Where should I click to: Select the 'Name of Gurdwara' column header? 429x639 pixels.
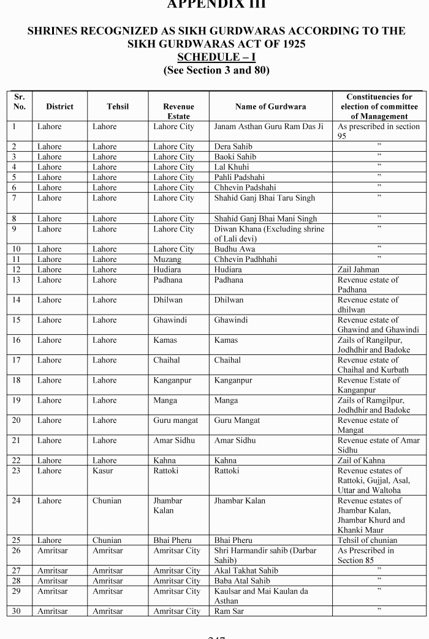(x=270, y=106)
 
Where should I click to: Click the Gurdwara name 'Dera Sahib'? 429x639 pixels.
(x=233, y=147)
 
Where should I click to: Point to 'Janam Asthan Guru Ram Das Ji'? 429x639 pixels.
(x=268, y=127)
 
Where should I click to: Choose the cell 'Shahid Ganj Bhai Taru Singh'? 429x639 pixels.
(x=264, y=198)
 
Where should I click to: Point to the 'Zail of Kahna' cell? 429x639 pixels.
(x=362, y=460)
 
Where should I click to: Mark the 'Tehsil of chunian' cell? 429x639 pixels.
(x=367, y=540)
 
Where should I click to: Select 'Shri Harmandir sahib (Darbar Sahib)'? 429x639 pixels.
(x=265, y=555)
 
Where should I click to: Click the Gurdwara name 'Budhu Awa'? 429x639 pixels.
(x=235, y=249)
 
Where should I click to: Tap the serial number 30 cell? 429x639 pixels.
(x=17, y=611)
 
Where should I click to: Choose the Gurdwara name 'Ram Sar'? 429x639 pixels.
(x=229, y=611)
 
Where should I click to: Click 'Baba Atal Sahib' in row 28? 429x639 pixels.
(x=242, y=581)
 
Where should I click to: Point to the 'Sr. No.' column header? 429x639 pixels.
(x=19, y=102)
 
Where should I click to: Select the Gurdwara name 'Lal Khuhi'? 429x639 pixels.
(x=232, y=167)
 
